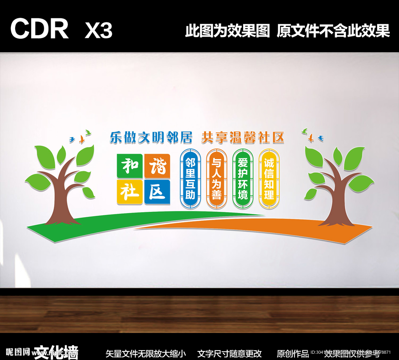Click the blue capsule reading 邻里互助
pos(190,179)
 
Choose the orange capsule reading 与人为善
pos(216,179)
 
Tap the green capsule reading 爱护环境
pos(243,179)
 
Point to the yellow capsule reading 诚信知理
pos(269,179)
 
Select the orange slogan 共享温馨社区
pos(242,137)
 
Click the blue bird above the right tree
pos(320,138)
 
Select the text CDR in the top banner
pos(39,29)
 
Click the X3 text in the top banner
pos(99,30)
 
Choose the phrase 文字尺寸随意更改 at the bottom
pos(230,354)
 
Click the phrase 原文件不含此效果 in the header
pos(333,31)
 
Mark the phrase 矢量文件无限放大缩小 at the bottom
pos(146,354)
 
